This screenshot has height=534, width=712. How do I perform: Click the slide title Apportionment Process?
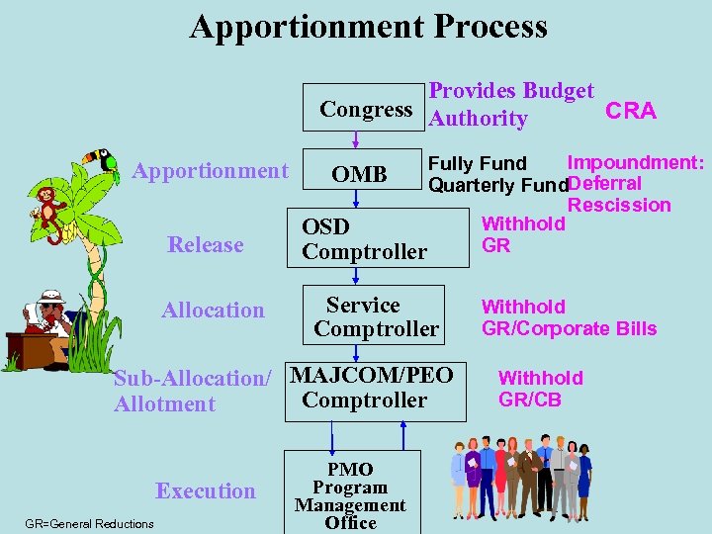[x=368, y=27]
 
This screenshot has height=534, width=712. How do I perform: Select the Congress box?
[x=366, y=109]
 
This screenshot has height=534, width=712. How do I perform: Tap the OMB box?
[x=359, y=174]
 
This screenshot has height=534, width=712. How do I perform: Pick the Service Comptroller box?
[x=377, y=316]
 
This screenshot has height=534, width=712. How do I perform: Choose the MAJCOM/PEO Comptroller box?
[x=373, y=388]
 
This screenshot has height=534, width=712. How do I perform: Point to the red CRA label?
[x=630, y=111]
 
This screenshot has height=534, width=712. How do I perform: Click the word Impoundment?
[x=635, y=162]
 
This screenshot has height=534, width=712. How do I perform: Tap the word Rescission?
[x=619, y=205]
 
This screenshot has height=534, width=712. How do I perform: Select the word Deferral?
[x=605, y=183]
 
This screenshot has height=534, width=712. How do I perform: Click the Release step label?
[x=206, y=244]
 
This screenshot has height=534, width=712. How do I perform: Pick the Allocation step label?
[x=213, y=311]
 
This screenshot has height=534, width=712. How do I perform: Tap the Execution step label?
[x=206, y=490]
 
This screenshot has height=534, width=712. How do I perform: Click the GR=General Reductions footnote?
[x=90, y=523]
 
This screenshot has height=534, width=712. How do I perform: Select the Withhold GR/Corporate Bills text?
[x=569, y=318]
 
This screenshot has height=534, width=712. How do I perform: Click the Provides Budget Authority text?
[x=511, y=105]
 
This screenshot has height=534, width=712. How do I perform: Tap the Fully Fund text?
[x=477, y=163]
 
